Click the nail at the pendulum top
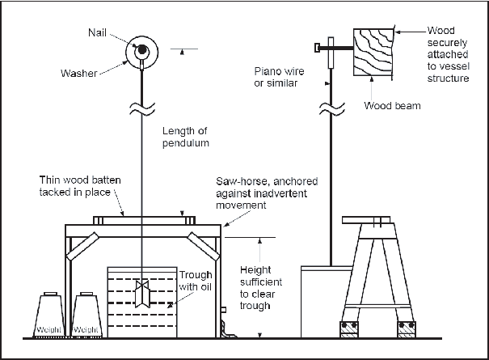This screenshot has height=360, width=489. coord(141,50)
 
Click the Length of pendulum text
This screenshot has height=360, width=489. coord(186,138)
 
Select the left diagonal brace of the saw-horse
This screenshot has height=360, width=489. coord(83,252)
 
